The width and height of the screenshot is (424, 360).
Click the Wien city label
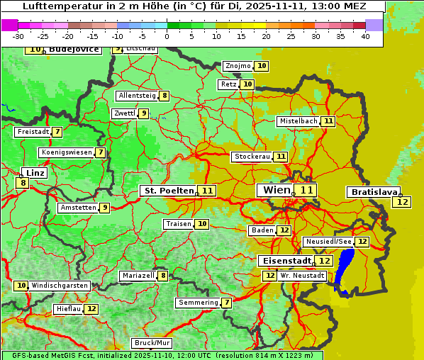click(276, 190)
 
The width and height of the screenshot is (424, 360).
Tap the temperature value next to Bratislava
click(402, 202)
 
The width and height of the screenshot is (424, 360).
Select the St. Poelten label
click(168, 191)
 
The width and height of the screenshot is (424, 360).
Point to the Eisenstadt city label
click(284, 261)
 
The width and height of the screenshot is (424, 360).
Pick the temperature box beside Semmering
click(226, 303)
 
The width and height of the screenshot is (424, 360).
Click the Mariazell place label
click(138, 276)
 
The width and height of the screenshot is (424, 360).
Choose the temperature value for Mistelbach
click(328, 121)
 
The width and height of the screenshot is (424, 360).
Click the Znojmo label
click(238, 66)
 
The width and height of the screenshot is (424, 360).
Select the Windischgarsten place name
click(60, 286)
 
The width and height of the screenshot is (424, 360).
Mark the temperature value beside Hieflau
click(91, 309)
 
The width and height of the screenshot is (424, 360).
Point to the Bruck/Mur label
click(147, 342)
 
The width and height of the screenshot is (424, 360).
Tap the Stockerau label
click(252, 157)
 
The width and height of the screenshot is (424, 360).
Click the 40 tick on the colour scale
click(365, 35)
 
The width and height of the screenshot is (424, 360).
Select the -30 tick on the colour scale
click(18, 35)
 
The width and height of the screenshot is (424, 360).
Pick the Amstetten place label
click(78, 208)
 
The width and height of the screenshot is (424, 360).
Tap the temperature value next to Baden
click(284, 230)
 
